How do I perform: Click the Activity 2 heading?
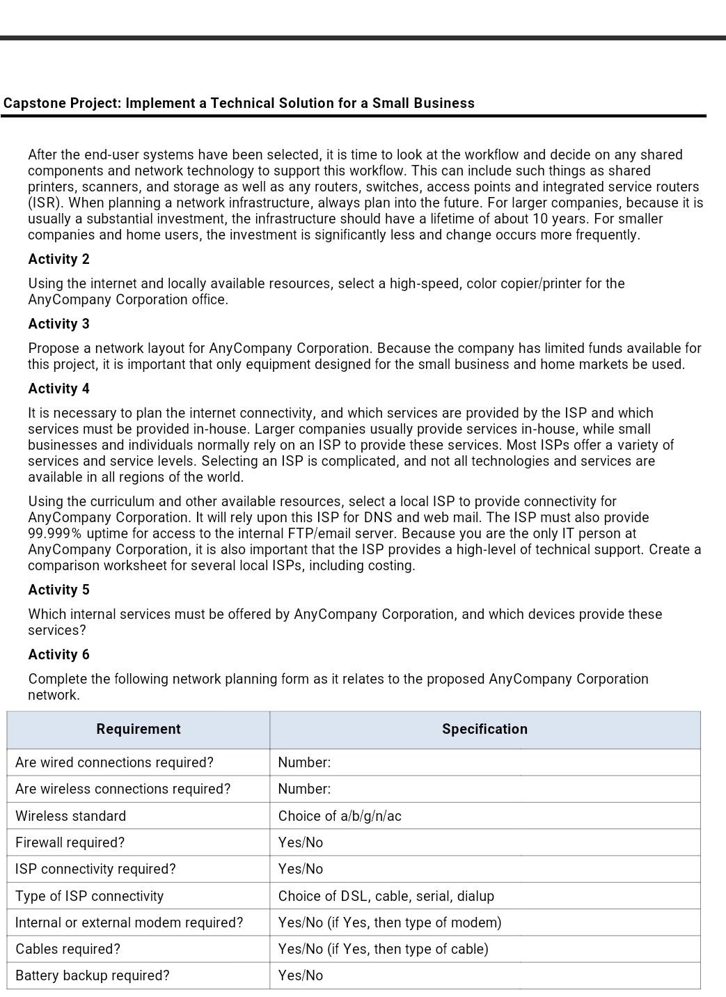point(58,259)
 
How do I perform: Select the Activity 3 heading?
point(58,324)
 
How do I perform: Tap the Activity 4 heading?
point(58,388)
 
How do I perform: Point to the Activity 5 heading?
point(58,590)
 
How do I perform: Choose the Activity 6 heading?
point(58,654)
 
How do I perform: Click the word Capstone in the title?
point(33,103)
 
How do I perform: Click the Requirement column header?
point(138,729)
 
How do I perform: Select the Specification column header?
point(484,729)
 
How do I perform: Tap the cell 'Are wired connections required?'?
point(114,762)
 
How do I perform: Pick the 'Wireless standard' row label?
point(70,816)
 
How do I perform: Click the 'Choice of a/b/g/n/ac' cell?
point(340,816)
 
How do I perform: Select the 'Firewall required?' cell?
point(70,842)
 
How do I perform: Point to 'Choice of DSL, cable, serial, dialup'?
point(386,896)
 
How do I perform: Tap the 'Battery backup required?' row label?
point(92,975)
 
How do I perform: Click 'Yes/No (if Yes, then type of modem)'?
point(389,923)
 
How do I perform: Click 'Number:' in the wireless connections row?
point(304,789)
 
